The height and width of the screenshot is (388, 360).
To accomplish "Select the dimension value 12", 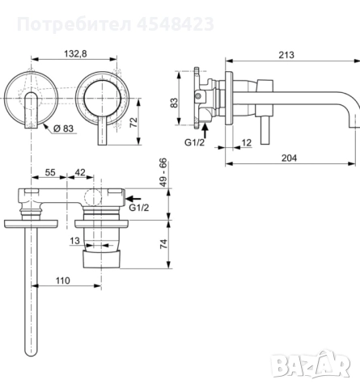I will [x=245, y=143].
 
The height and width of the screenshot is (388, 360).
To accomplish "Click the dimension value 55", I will [x=49, y=173].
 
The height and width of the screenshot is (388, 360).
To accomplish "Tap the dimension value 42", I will [x=80, y=173].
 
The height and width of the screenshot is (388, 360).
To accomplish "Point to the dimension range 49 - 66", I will [x=164, y=173].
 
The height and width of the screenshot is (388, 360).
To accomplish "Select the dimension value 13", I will [x=75, y=240].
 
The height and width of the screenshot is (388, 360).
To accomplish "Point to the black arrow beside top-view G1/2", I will [x=134, y=196].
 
